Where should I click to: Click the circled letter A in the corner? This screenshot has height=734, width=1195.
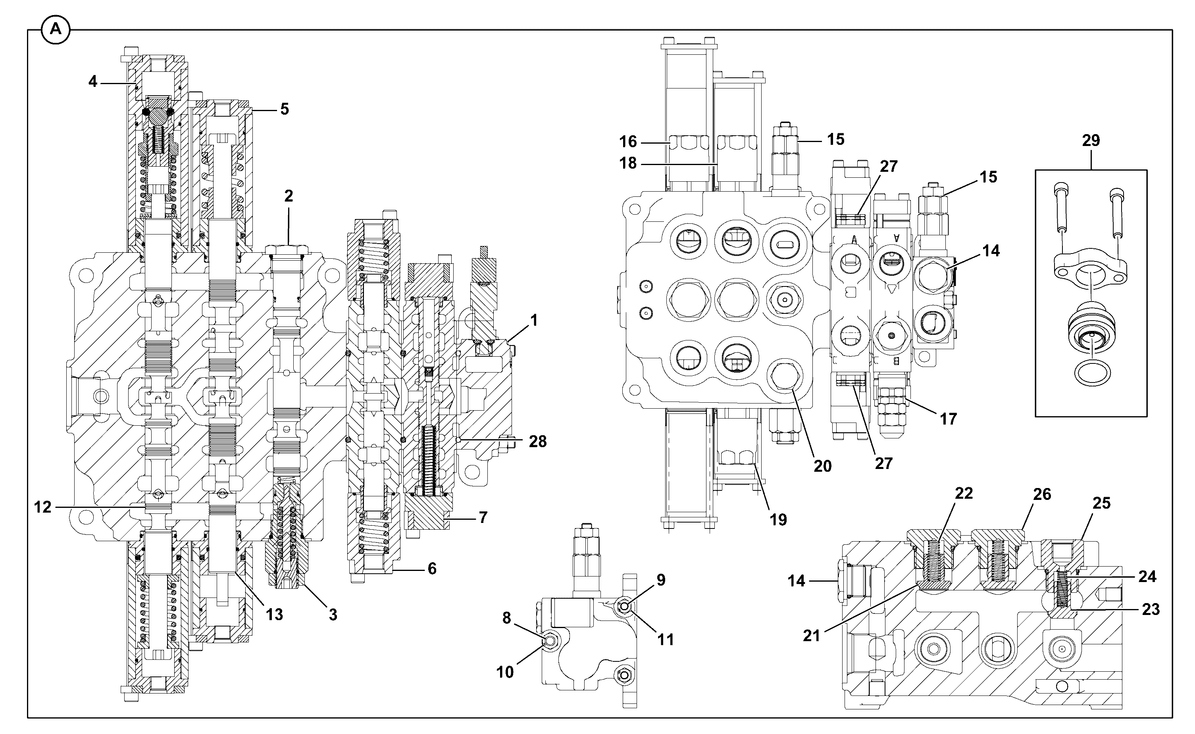(x=56, y=30)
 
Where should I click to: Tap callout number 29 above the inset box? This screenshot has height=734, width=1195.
(x=1091, y=141)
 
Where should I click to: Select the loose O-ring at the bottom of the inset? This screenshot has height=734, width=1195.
(x=1092, y=373)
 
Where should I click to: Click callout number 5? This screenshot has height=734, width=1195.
(x=285, y=109)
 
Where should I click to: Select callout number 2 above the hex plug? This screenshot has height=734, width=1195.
(x=289, y=196)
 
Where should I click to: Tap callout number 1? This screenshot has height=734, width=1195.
(x=534, y=321)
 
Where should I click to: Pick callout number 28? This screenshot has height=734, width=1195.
(x=537, y=441)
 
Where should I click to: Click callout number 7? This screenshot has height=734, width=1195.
(x=483, y=517)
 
